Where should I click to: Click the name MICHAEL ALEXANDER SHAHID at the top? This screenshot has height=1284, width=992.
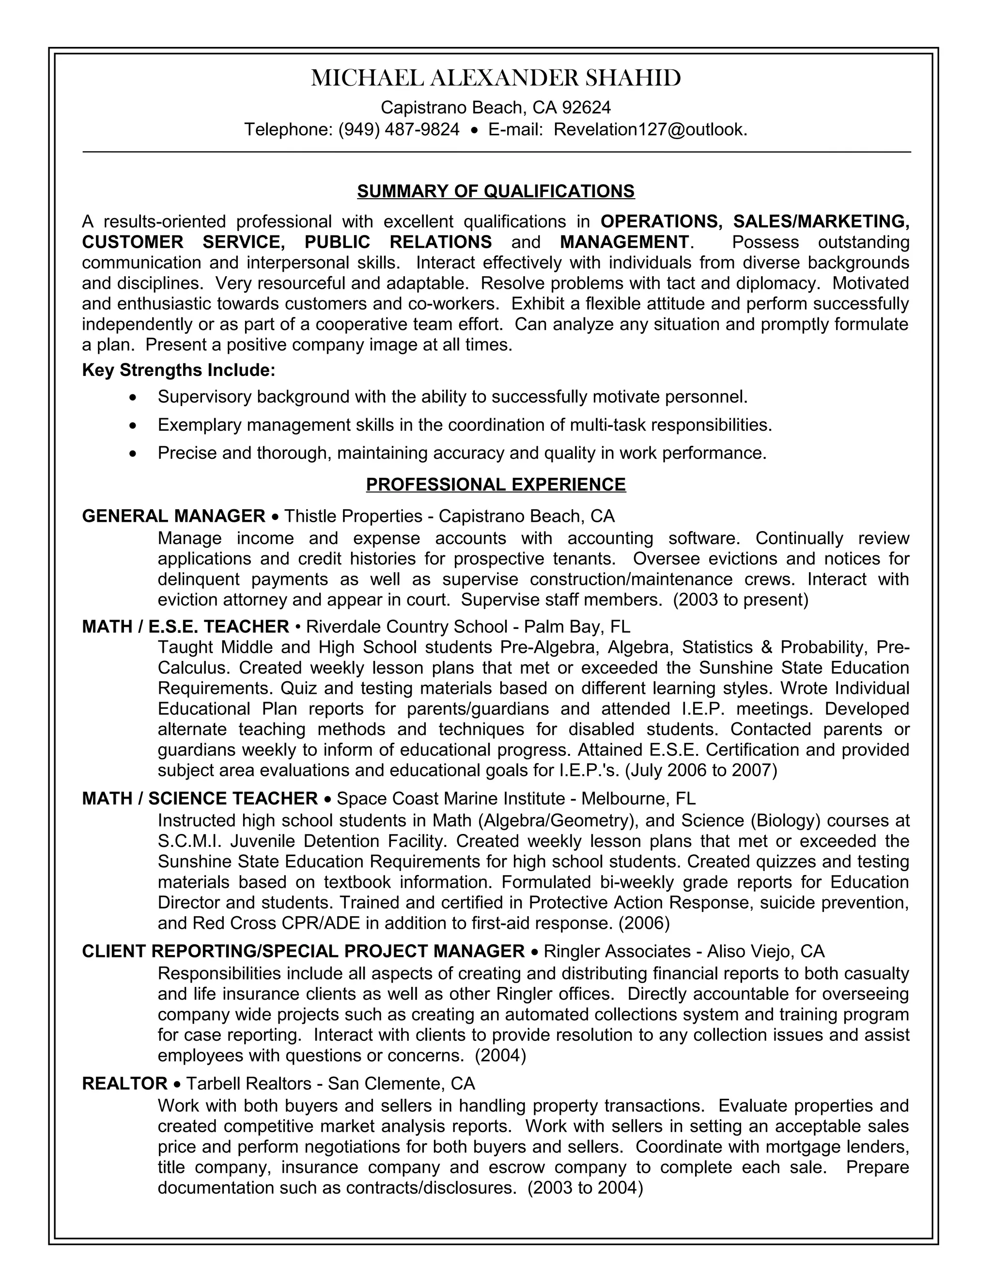(496, 78)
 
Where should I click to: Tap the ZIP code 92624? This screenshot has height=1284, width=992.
(586, 108)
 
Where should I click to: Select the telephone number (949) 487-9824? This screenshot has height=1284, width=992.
(399, 129)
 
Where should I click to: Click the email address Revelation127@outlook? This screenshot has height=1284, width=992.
(650, 129)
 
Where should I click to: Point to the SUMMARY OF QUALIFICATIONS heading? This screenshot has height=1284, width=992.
(496, 191)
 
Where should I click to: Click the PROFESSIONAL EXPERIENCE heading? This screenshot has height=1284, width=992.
(496, 485)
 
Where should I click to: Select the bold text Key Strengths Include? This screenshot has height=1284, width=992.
(179, 370)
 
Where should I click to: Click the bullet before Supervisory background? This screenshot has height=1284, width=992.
(135, 398)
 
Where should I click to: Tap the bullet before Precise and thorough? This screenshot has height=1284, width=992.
(135, 454)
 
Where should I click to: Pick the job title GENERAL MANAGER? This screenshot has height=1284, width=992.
(174, 516)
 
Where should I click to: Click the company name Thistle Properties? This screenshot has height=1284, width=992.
(353, 516)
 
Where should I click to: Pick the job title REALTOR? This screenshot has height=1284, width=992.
(124, 1083)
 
